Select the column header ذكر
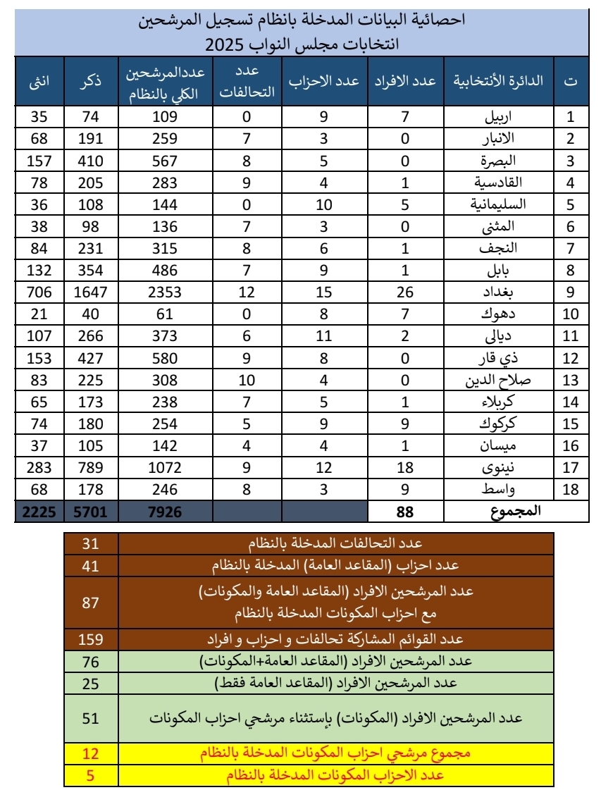point(92,81)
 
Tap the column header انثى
point(39,81)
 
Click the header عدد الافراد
point(405,81)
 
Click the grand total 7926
point(166,512)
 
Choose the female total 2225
point(39,512)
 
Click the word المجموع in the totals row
point(514,512)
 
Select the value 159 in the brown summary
point(91,640)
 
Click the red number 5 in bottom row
point(91,777)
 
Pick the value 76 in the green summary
point(91,662)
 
